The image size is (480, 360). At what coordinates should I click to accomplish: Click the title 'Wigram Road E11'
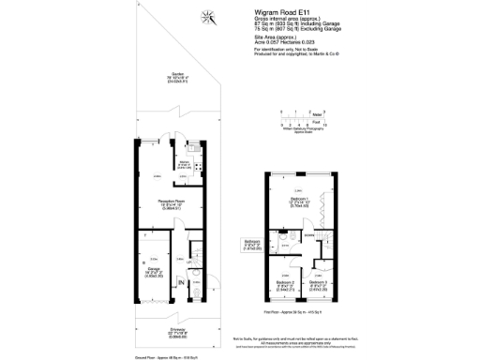point(281,13)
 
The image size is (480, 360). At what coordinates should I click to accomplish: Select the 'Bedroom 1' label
point(298,201)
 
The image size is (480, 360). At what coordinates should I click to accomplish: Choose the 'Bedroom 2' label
point(285,282)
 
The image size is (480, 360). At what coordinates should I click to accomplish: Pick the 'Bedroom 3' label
point(318,282)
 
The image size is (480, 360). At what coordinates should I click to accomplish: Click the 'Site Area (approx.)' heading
point(277,37)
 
